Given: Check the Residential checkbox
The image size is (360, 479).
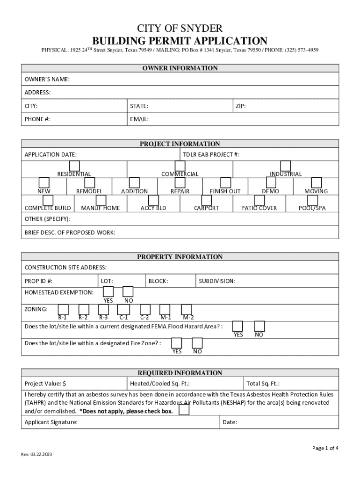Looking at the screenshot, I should pyautogui.click(x=74, y=166).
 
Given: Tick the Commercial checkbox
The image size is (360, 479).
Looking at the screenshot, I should pyautogui.click(x=180, y=166).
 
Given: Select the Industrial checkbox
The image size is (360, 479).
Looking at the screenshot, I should pyautogui.click(x=285, y=166).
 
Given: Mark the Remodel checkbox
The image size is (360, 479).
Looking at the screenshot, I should pyautogui.click(x=89, y=182).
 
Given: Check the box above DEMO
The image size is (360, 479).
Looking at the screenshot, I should pyautogui.click(x=270, y=182).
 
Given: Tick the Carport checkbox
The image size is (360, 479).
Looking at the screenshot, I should pyautogui.click(x=206, y=200).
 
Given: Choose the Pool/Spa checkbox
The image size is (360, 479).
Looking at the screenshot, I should pyautogui.click(x=312, y=200).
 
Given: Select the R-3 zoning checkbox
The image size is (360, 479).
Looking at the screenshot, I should pyautogui.click(x=103, y=309).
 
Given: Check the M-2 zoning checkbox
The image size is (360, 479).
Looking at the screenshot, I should pyautogui.click(x=187, y=309).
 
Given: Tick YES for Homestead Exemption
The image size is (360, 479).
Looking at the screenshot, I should pyautogui.click(x=108, y=292).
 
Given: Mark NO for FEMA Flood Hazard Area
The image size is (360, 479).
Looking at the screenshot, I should pyautogui.click(x=259, y=326).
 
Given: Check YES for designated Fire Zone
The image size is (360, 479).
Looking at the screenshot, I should pyautogui.click(x=177, y=343).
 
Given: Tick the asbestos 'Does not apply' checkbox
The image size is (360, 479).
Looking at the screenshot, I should pyautogui.click(x=184, y=410).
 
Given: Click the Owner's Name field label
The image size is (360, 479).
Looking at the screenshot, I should pyautogui.click(x=47, y=79).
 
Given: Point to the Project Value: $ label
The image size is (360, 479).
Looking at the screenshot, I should pyautogui.click(x=45, y=384).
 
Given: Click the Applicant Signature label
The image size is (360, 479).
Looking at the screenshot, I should pyautogui.click(x=51, y=422).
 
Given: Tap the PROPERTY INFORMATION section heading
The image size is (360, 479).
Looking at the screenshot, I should pyautogui.click(x=180, y=257).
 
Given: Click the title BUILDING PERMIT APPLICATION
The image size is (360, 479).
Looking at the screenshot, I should pyautogui.click(x=180, y=41).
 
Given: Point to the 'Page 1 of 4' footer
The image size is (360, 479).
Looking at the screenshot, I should pyautogui.click(x=325, y=448).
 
